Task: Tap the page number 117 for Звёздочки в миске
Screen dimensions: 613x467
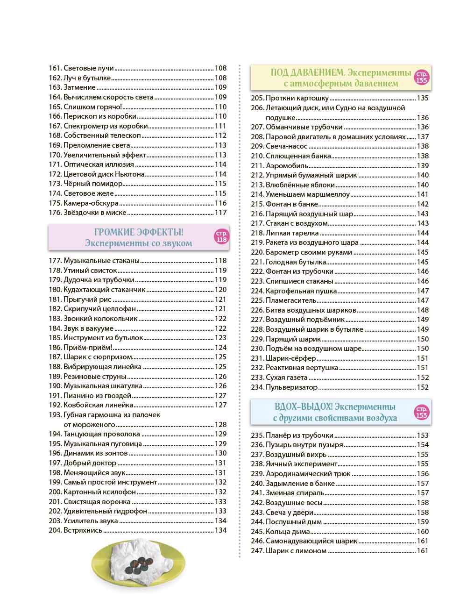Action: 220,213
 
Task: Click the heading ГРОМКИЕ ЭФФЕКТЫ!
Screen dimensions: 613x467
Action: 139,232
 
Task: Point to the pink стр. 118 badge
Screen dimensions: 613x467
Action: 221,237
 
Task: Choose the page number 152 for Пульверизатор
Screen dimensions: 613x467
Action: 423,387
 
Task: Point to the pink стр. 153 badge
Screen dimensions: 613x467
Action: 421,412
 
